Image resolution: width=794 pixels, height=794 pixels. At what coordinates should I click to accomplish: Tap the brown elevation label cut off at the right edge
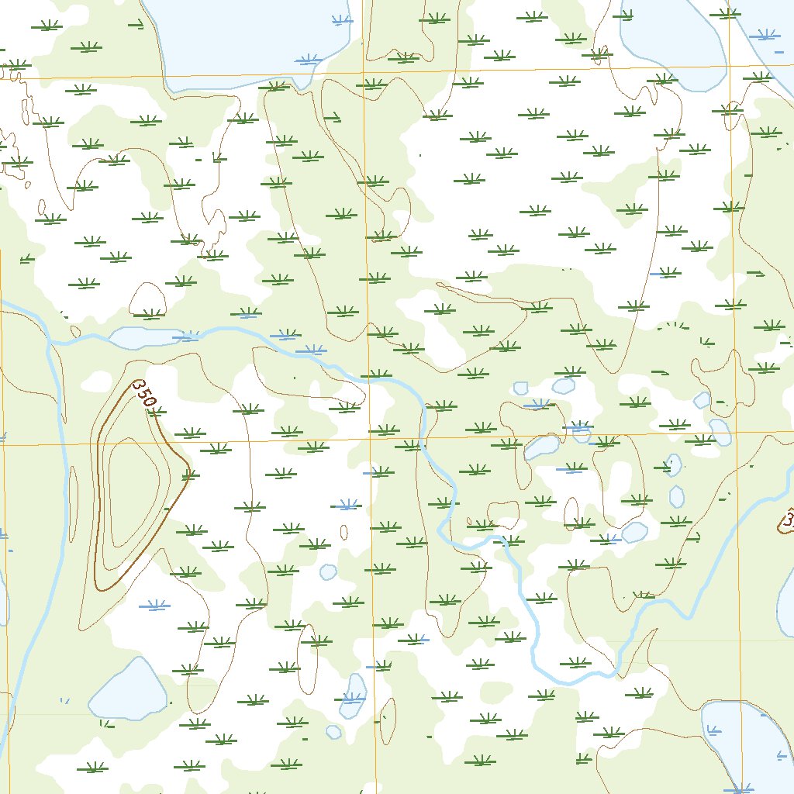pos(788,520)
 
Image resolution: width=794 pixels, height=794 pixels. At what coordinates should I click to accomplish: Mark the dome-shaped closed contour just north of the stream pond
pos(147,300)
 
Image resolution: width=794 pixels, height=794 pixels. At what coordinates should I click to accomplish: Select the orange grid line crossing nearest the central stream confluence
pos(371,437)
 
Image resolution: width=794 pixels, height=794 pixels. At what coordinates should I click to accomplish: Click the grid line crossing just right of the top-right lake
pos(730,67)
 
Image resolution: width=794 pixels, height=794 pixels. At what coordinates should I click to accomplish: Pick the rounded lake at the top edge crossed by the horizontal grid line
pos(671,47)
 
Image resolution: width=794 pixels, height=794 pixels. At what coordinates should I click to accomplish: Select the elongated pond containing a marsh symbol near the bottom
pos(354,696)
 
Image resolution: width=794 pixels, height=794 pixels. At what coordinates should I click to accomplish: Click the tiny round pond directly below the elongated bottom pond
pos(333,731)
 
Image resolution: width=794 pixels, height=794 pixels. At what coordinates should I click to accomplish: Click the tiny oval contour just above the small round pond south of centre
pos(343,532)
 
